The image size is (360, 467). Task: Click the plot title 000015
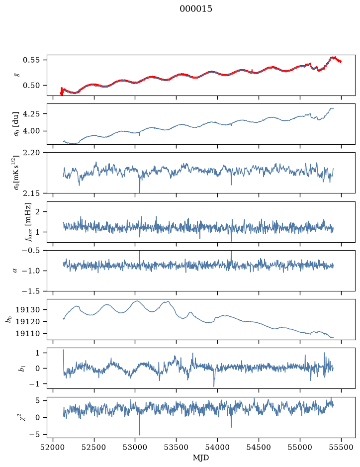point(195,9)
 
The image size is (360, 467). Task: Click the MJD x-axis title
point(201,458)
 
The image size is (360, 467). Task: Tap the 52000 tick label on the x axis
point(53,447)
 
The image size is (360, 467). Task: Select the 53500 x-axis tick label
point(177,447)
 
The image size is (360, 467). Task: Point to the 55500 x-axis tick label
point(341,447)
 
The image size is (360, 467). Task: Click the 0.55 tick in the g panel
point(31,60)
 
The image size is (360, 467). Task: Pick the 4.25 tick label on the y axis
point(31,114)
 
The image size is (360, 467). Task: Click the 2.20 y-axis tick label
point(31,153)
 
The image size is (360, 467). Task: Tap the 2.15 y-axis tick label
point(31,193)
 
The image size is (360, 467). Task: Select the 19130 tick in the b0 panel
point(27,310)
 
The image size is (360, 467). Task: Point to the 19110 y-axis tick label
point(27,334)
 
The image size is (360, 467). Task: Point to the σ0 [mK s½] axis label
point(16,173)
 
